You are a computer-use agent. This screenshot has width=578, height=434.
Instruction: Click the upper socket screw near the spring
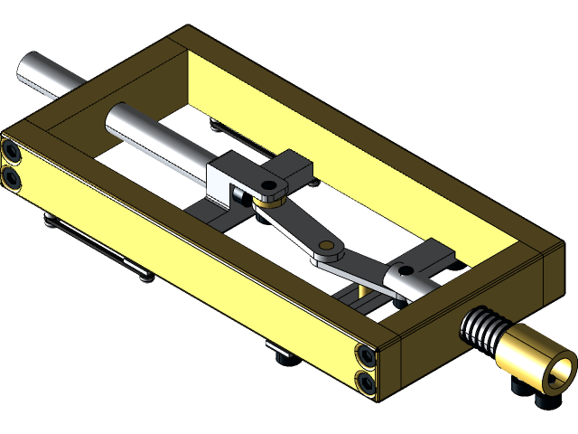click(365, 355)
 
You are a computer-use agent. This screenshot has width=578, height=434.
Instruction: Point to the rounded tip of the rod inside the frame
click(117, 118)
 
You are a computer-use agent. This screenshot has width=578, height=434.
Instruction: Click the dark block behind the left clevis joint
click(294, 165)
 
